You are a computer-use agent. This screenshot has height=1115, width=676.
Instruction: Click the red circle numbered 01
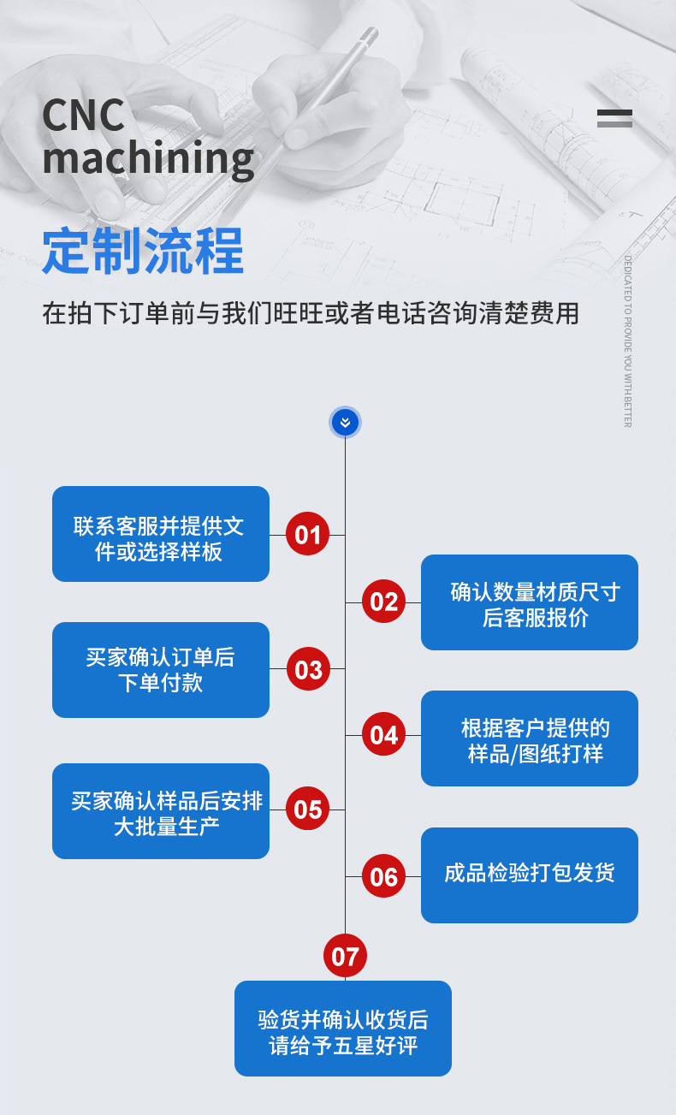[307, 535]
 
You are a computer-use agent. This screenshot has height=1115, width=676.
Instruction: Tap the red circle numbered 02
[383, 602]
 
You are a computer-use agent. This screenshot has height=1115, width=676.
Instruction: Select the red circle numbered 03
[307, 669]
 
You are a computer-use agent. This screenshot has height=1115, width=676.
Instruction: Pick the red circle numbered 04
[383, 735]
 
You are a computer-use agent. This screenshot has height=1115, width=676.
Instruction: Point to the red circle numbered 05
[307, 810]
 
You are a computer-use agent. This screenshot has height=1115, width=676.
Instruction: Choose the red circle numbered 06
[383, 876]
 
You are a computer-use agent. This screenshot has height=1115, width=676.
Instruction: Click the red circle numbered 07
[345, 956]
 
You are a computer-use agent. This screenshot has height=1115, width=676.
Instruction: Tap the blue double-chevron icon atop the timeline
[345, 422]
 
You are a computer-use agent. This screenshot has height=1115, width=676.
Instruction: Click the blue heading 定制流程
[143, 251]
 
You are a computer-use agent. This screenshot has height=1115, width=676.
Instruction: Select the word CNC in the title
[83, 116]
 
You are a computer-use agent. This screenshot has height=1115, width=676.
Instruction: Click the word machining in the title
[148, 158]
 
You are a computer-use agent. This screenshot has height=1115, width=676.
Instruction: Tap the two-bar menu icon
[614, 119]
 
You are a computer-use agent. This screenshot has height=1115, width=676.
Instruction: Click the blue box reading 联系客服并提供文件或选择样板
[161, 534]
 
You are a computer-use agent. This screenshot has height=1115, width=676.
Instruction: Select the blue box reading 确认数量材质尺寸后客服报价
[530, 602]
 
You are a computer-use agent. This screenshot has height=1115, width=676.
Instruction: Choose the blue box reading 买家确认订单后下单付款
[161, 670]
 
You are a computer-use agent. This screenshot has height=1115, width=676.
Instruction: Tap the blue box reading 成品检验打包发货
[530, 875]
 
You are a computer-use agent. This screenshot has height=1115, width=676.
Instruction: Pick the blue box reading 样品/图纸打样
[530, 738]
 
